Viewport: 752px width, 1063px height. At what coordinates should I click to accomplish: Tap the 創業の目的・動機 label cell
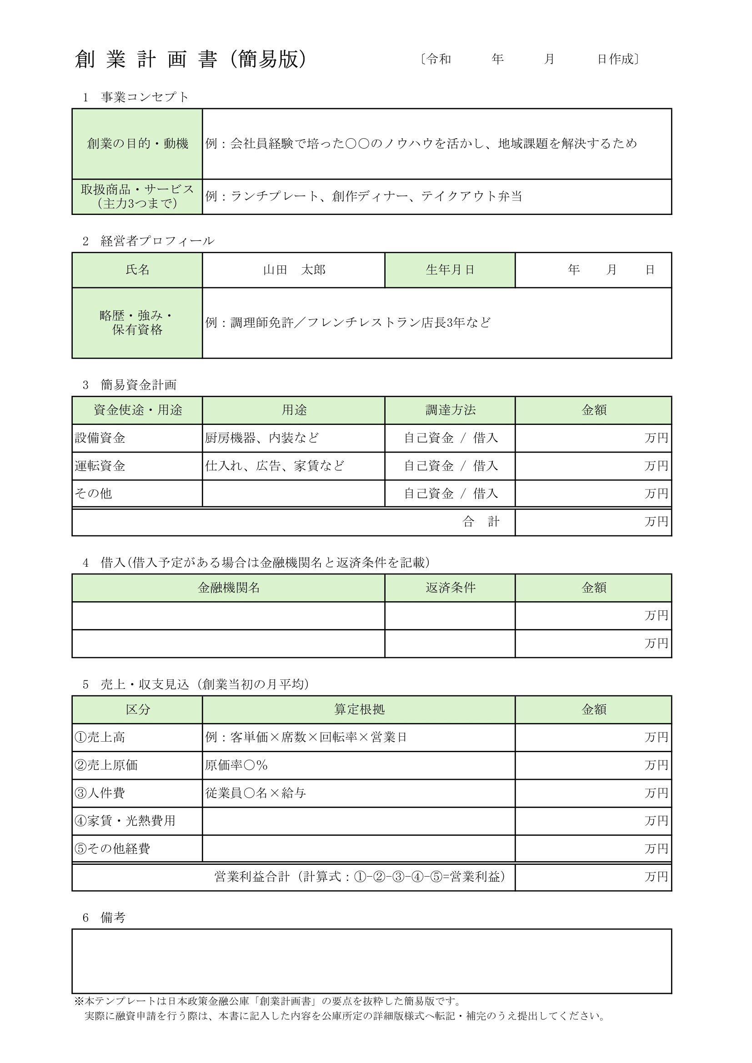pos(137,144)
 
